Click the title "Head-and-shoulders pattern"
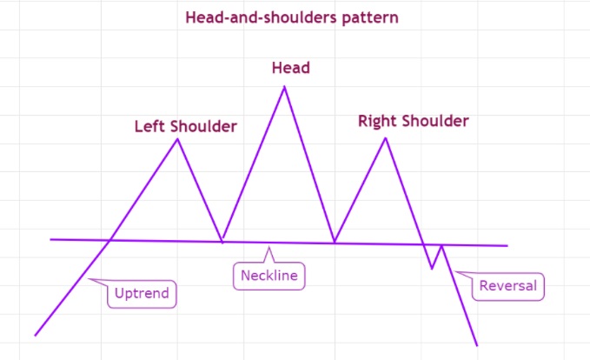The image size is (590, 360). pos(292,17)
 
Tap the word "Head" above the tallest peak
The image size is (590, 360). pos(291,68)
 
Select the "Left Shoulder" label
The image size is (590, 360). pos(185,126)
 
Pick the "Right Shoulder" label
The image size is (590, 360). pos(413,121)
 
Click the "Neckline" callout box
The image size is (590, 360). pos(269,276)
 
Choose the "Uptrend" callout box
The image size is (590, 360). pos(142,294)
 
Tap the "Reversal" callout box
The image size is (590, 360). pos(508,286)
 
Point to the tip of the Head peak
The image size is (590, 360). pos(284,87)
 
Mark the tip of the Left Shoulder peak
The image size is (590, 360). pos(177,139)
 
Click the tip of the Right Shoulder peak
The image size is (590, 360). pos(386,138)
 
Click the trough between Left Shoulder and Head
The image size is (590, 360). pos(222,242)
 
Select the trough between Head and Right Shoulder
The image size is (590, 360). pos(335,242)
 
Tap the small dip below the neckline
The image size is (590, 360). pos(432,269)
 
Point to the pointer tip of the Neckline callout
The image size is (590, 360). pos(268,247)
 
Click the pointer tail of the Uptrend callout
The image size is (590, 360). pos(89,279)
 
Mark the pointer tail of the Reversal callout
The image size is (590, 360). pos(455,271)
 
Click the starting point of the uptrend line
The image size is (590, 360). pos(35,335)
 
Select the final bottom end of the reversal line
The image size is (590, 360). pos(477,345)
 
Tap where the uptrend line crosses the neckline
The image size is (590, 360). pos(109,240)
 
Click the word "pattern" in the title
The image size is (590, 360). pos(370,18)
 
